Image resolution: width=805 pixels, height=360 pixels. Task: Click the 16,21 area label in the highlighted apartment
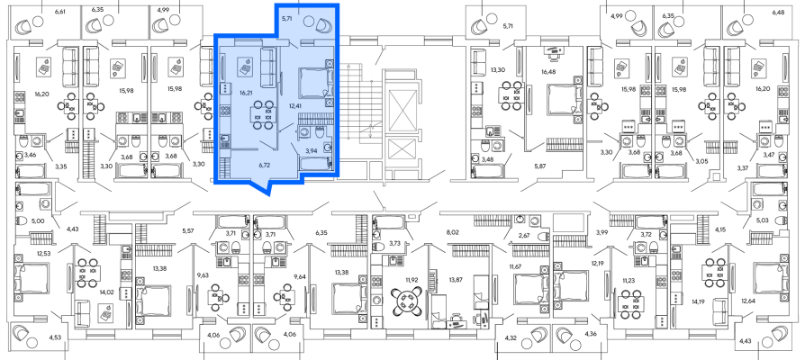(x=244, y=94)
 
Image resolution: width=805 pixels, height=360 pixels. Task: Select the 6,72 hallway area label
(x=266, y=166)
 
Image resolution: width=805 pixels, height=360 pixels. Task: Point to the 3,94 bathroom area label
(x=312, y=151)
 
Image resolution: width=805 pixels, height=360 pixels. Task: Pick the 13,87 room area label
(x=456, y=280)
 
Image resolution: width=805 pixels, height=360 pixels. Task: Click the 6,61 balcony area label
(x=61, y=11)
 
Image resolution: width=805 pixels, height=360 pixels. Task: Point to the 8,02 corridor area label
(x=453, y=232)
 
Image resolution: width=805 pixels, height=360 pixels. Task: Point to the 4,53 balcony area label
(x=55, y=337)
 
